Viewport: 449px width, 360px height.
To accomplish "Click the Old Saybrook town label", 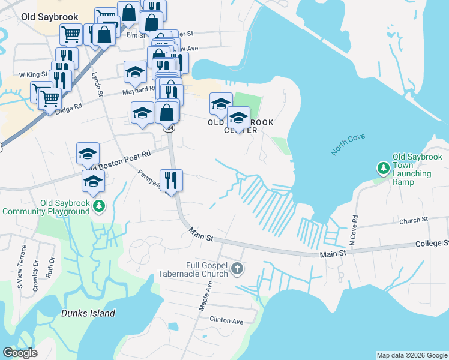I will pyautogui.click(x=46, y=17).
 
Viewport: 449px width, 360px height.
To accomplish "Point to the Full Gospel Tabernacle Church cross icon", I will pyautogui.click(x=237, y=268).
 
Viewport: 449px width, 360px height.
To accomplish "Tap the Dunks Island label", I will pyautogui.click(x=88, y=313).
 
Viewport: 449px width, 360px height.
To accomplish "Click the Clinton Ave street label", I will pyautogui.click(x=226, y=320).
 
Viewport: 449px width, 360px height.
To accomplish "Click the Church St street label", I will pyautogui.click(x=413, y=221).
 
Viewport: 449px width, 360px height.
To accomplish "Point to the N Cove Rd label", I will pyautogui.click(x=354, y=230).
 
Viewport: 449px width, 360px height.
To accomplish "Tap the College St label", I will pyautogui.click(x=432, y=244).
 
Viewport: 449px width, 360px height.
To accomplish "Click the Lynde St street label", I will pyautogui.click(x=97, y=85).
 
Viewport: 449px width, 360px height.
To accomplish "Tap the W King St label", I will pyautogui.click(x=33, y=75).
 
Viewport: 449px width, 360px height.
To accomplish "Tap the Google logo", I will pyautogui.click(x=20, y=353).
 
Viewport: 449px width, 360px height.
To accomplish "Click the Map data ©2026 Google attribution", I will pyautogui.click(x=411, y=355).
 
